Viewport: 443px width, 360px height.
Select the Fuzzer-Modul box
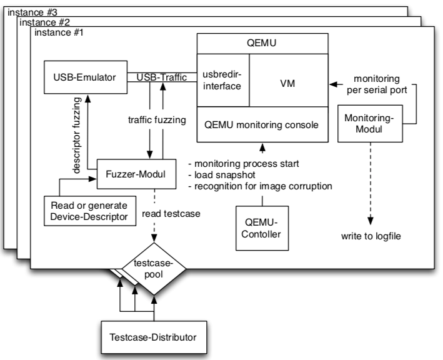pyautogui.click(x=131, y=173)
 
